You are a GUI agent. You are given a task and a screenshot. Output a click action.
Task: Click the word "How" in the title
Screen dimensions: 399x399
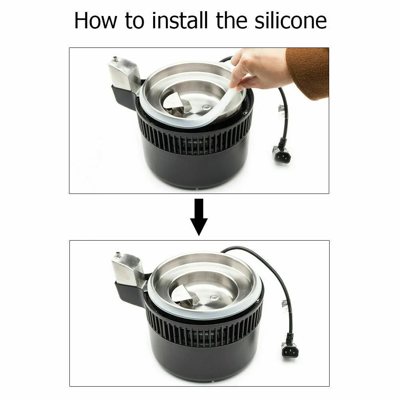click(x=96, y=20)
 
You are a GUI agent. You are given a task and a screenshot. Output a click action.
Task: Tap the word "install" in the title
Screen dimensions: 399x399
click(x=180, y=20)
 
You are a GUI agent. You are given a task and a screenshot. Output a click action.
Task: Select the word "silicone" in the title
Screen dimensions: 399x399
click(x=290, y=20)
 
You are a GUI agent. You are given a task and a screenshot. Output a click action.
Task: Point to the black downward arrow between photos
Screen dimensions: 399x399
click(x=199, y=217)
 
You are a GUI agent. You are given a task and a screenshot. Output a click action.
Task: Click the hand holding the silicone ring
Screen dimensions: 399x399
click(x=257, y=69)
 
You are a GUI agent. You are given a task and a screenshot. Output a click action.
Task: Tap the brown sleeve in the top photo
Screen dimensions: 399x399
click(x=309, y=73)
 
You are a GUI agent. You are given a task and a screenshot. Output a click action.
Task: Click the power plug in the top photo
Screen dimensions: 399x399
click(x=282, y=154)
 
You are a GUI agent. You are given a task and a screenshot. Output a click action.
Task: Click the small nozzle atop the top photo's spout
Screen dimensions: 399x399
click(x=115, y=59)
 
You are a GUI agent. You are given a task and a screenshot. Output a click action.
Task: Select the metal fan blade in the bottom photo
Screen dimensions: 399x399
click(x=184, y=295)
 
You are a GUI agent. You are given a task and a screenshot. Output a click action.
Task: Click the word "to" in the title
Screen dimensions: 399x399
click(x=134, y=21)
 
